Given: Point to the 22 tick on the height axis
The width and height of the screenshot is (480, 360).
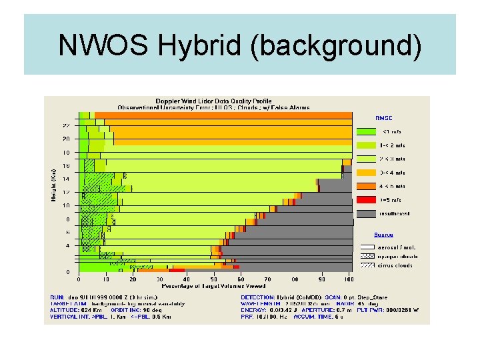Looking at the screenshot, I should [x=67, y=125].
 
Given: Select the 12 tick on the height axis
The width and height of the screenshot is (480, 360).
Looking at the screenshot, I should [x=67, y=192].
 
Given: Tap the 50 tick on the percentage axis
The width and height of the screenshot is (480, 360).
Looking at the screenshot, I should [x=214, y=279].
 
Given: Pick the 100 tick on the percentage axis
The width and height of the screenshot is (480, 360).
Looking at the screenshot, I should [x=349, y=279].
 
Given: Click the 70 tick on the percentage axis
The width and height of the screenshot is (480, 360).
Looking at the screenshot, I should [x=268, y=279].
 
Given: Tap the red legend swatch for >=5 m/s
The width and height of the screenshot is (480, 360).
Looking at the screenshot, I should [x=366, y=200].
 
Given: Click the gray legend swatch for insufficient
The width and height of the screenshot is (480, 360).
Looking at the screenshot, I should [x=366, y=213].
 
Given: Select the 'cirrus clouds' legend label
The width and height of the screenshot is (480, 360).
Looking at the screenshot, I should [x=395, y=265].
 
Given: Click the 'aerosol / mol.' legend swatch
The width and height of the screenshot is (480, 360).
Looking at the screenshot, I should [x=366, y=247].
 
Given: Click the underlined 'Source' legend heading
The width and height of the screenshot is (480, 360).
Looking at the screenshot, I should [x=383, y=234].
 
